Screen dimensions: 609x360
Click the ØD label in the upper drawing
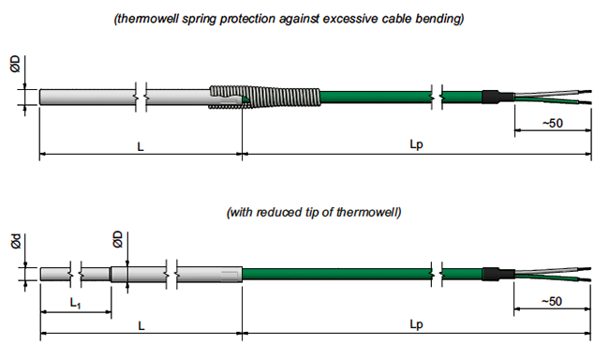pos(15,64)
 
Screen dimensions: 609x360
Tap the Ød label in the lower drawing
pos(16,242)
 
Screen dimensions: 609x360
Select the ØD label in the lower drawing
pos(118,239)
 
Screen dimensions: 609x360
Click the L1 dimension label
pos(75,303)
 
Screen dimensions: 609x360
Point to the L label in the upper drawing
pos(141,146)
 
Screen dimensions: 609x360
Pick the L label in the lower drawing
pos(141,326)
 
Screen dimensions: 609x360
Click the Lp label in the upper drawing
pos(416,144)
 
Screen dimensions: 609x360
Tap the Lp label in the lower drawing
pos(416,324)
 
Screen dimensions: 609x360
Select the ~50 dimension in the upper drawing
pos(553,123)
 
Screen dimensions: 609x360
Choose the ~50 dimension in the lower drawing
pos(552,301)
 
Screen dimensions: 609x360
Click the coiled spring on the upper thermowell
pos(265,97)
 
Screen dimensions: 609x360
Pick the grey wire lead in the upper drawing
pos(553,93)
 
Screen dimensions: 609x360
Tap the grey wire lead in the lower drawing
pos(553,270)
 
